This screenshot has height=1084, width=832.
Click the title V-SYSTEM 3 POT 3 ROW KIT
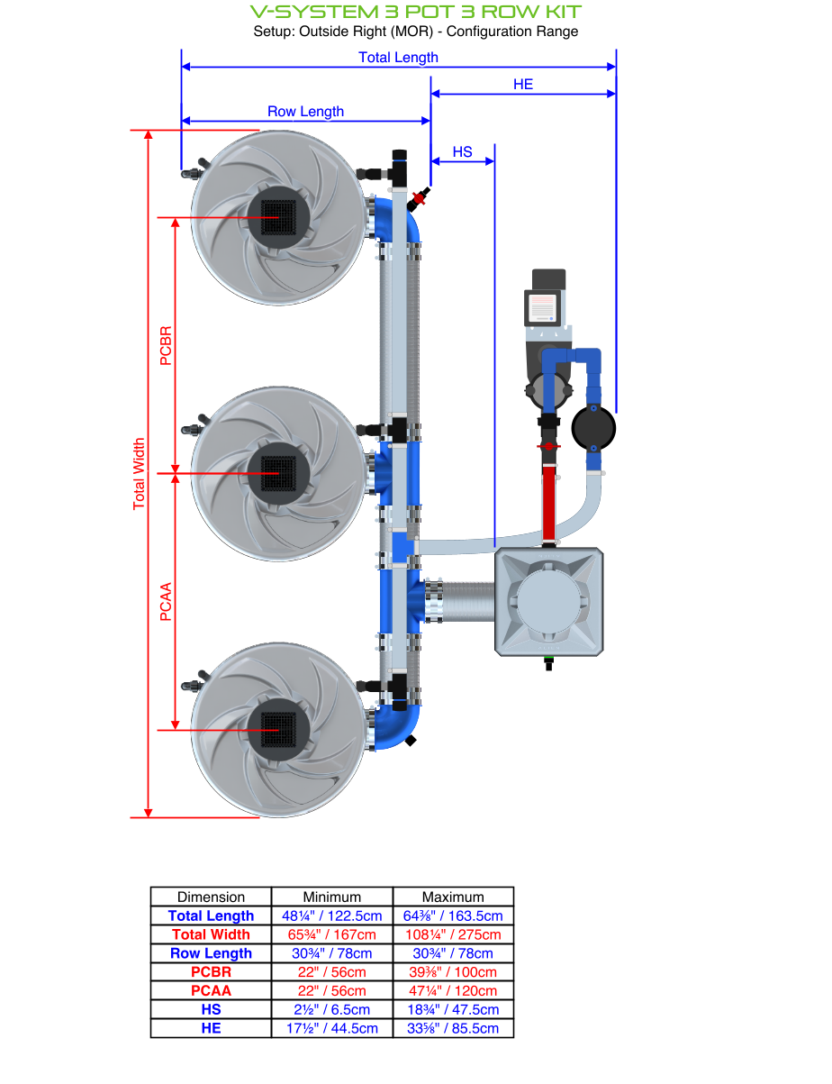[x=415, y=12]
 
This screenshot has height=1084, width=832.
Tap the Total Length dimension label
[x=398, y=58]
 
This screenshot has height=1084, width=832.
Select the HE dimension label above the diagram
[x=523, y=84]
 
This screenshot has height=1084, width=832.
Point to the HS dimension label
[x=462, y=152]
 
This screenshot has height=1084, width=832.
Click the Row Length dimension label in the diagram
[x=305, y=112]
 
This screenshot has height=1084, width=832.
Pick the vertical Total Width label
[x=139, y=474]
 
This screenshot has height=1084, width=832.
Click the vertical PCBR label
[x=165, y=345]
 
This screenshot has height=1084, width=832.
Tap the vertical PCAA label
[x=165, y=602]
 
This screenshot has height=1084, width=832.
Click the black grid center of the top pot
[x=278, y=217]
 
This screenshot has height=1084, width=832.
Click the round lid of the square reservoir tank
[x=548, y=599]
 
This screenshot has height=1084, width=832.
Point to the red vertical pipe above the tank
[x=548, y=500]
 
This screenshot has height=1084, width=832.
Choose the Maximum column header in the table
[x=453, y=897]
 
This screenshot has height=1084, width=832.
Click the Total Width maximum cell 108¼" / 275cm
[x=453, y=934]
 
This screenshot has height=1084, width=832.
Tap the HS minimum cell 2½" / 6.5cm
[x=332, y=1009]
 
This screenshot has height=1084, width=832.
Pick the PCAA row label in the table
[x=211, y=990]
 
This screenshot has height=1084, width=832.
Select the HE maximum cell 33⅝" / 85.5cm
[x=453, y=1028]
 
